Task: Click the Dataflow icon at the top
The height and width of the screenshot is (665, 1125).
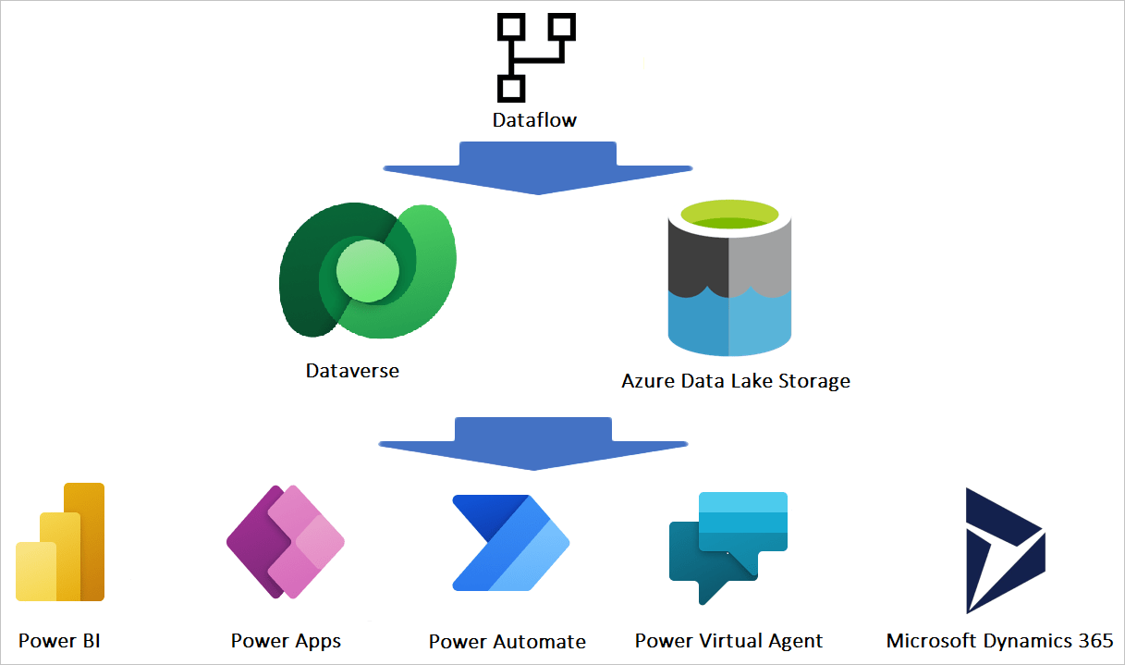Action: pos(534,57)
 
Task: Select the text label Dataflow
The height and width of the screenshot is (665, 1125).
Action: pos(534,119)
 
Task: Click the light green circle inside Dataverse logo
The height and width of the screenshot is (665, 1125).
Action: pos(367,271)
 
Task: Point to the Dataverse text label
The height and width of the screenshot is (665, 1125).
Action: pos(352,371)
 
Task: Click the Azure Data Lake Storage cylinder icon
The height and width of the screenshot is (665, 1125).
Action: pos(729,282)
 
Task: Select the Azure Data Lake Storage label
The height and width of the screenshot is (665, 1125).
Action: pos(735,381)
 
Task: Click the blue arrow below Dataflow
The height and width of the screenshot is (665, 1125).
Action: pos(537,167)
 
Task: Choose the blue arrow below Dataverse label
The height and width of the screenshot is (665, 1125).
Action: pos(533,445)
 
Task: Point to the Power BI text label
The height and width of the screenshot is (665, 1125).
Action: pos(59,640)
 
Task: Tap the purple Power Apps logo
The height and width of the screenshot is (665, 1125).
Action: pos(286,542)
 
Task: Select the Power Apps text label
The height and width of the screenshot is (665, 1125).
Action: pos(286,641)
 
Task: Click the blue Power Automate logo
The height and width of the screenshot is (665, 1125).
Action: pos(509,543)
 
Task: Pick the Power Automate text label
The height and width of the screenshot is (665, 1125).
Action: pos(507,642)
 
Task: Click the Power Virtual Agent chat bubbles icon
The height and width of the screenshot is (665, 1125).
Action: pos(728,546)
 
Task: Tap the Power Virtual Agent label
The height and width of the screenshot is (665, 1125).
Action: pos(728,641)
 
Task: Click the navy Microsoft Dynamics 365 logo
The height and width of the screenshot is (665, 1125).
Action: pos(1004,550)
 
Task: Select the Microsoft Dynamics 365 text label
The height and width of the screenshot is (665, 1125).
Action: pos(999,641)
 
